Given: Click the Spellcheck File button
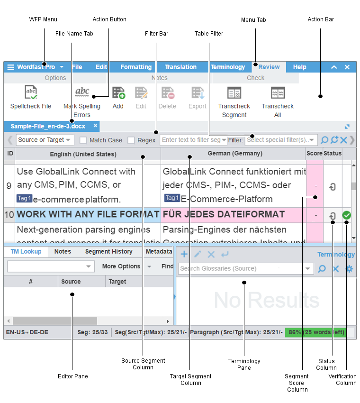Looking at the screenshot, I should click(31, 97).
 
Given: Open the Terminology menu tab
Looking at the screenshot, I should click(228, 67).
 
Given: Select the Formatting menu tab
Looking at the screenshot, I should click(136, 67).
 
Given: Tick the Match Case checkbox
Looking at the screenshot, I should click(83, 140).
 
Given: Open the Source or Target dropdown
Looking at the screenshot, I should click(45, 140).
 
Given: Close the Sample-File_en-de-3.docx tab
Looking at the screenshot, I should click(95, 126).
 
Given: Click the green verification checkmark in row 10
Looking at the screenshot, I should click(347, 215).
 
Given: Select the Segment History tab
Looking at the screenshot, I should click(109, 252).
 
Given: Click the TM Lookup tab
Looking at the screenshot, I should click(26, 252).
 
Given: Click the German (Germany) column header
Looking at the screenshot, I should click(234, 154).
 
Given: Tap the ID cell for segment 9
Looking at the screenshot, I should click(9, 185).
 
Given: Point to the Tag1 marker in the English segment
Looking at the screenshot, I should click(24, 199).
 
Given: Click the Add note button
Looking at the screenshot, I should click(118, 97).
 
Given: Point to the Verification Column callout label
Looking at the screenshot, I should click(342, 379).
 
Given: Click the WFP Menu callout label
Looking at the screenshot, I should click(43, 19).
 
